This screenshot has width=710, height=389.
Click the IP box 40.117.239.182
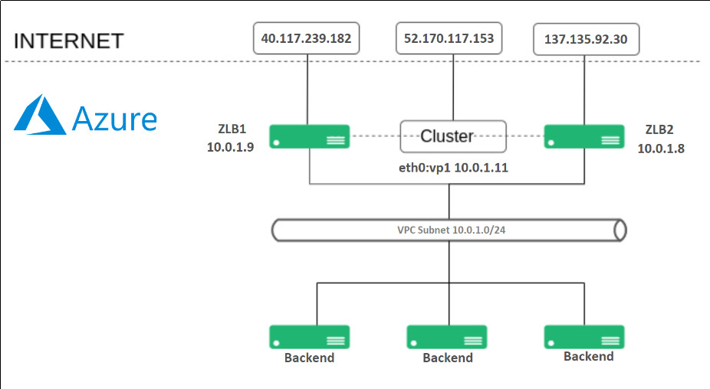(307, 38)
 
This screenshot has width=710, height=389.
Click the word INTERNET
(69, 41)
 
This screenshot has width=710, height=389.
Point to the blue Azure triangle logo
(39, 117)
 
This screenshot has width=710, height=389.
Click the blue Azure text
(114, 119)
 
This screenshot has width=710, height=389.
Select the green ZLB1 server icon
(309, 136)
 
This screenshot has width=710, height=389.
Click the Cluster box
(452, 136)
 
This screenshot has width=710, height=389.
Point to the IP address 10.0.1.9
(230, 148)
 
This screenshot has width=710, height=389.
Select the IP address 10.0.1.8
(661, 149)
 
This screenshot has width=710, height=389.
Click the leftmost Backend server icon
(309, 336)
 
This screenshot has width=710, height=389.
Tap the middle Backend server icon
(447, 336)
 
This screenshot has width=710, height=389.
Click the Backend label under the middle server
(448, 358)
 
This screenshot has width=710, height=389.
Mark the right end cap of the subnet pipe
(620, 230)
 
